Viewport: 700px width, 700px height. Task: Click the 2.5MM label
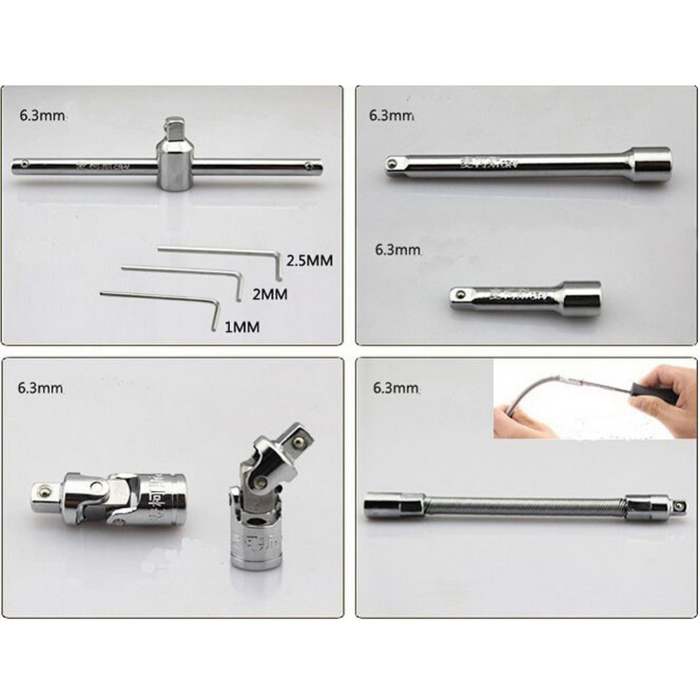(x=307, y=260)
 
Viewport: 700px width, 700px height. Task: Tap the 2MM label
(x=269, y=294)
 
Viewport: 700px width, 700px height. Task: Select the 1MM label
(x=241, y=326)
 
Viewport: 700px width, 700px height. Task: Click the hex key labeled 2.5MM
(x=217, y=250)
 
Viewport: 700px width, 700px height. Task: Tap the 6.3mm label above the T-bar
(x=43, y=115)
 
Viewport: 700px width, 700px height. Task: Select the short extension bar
(x=525, y=298)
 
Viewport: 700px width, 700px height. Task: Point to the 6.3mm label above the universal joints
(x=42, y=387)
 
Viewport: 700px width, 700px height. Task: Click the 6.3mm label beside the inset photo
(x=396, y=387)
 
